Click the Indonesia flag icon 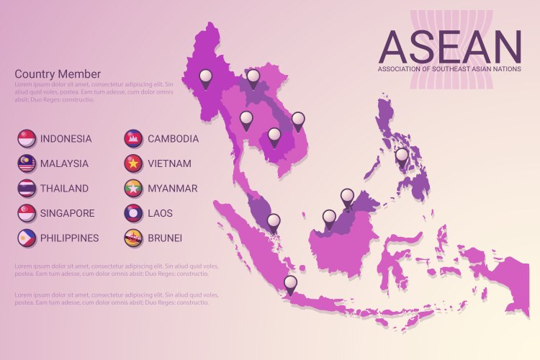27,138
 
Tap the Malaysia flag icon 27,163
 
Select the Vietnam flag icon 133,163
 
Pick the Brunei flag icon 133,237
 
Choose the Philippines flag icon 27,237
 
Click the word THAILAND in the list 64,189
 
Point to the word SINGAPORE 67,213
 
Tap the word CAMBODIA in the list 173,139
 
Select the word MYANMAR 172,189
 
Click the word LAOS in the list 160,213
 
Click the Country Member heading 58,74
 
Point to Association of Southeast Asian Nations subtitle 449,69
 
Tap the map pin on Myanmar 206,77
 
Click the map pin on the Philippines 402,156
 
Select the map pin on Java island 290,284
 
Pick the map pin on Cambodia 274,135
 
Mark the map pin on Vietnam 297,120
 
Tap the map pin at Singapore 273,222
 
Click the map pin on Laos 253,77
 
